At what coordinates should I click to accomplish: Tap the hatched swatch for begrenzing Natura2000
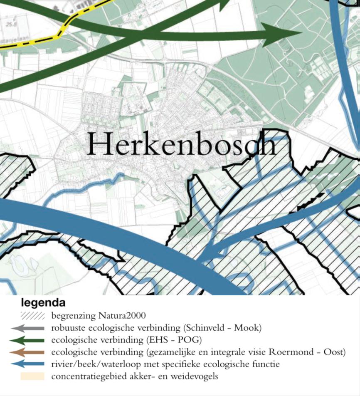(x=32, y=316)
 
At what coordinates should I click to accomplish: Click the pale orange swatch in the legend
(x=32, y=377)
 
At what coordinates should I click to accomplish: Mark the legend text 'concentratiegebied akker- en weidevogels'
(x=134, y=377)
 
